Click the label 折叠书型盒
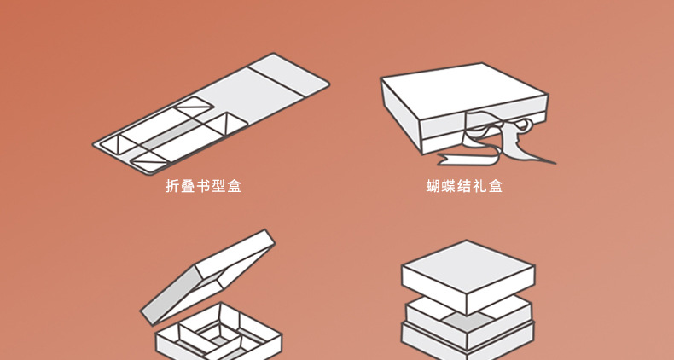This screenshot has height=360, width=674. pos(203,185)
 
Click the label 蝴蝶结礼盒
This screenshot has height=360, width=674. pos(464,185)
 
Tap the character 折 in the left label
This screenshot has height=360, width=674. pos(172,185)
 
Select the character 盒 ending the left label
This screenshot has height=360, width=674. pos(234,185)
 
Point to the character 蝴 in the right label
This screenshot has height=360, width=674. pos(433,185)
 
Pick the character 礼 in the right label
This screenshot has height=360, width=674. pos(479,185)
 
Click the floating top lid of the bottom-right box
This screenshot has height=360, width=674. pos(468,268)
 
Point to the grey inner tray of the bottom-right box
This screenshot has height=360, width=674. pos(468,316)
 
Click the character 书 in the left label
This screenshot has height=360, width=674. pos(203,185)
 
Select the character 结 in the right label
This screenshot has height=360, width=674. pos(464,185)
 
